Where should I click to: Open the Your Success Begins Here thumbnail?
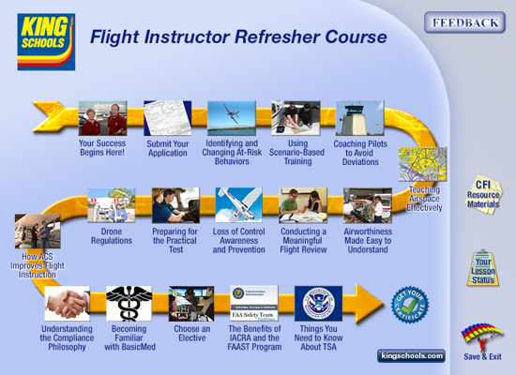[102, 119]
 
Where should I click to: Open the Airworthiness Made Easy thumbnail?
[367, 205]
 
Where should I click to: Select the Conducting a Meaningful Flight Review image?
[303, 205]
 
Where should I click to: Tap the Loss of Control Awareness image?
[239, 205]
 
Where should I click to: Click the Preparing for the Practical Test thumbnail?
[175, 205]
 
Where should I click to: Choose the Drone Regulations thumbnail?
[112, 205]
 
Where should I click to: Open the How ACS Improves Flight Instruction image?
[38, 231]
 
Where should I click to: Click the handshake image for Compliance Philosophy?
[67, 304]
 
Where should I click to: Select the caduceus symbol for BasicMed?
[129, 304]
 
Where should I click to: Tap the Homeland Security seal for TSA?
[319, 304]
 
